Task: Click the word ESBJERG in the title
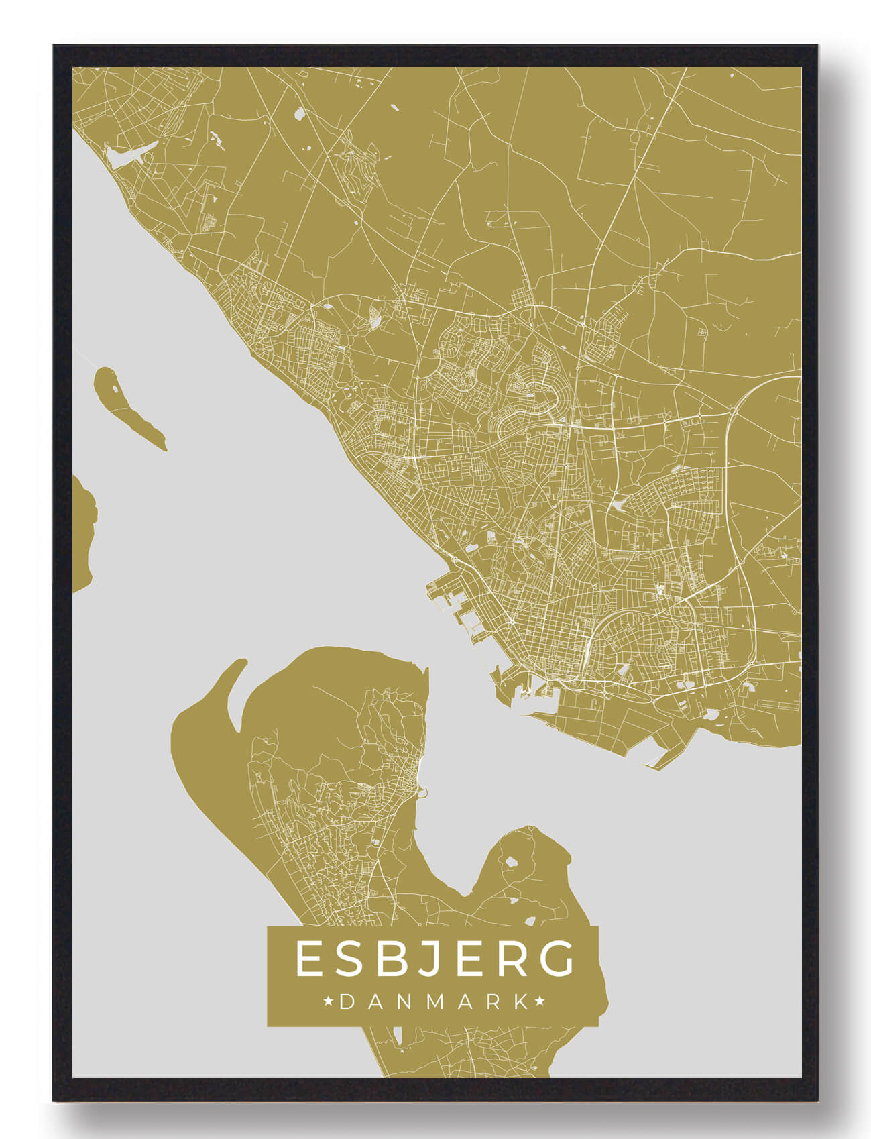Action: click(434, 959)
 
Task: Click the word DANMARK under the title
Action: click(434, 1002)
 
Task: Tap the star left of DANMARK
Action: click(329, 1002)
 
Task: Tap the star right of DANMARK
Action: click(540, 1002)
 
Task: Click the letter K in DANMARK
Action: click(520, 1002)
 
